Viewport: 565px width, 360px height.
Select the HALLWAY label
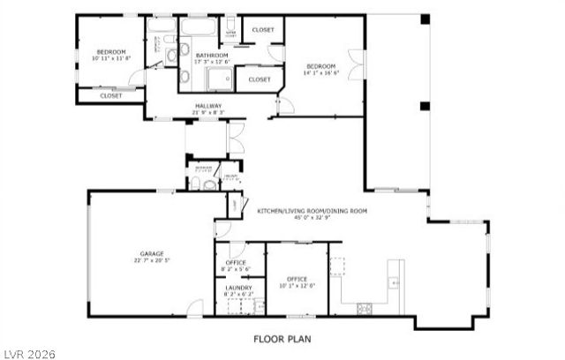pyautogui.click(x=208, y=106)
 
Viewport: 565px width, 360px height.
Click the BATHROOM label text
pyautogui.click(x=212, y=55)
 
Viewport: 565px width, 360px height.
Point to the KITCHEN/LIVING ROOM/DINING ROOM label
pyautogui.click(x=312, y=211)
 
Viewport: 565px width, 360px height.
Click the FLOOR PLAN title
pyautogui.click(x=282, y=338)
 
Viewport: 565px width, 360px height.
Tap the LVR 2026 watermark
pyautogui.click(x=28, y=353)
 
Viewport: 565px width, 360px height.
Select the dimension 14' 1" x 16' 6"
pyautogui.click(x=320, y=73)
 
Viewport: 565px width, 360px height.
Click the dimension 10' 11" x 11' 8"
pyautogui.click(x=112, y=59)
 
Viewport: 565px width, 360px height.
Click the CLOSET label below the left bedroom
pyautogui.click(x=111, y=95)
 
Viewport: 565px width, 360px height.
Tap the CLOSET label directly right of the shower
pyautogui.click(x=260, y=79)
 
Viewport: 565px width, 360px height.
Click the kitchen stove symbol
pyautogui.click(x=364, y=308)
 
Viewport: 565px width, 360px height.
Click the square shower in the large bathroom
pyautogui.click(x=218, y=80)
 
